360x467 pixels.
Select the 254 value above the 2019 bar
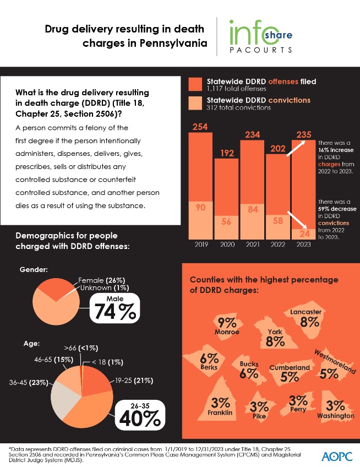click(x=200, y=127)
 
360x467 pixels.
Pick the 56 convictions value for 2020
click(x=226, y=222)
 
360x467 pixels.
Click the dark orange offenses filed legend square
click(x=195, y=84)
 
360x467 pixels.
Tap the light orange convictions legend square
click(x=195, y=103)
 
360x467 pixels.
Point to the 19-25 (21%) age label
click(x=130, y=380)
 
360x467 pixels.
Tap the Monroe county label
click(x=227, y=332)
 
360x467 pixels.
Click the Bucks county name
click(x=249, y=364)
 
